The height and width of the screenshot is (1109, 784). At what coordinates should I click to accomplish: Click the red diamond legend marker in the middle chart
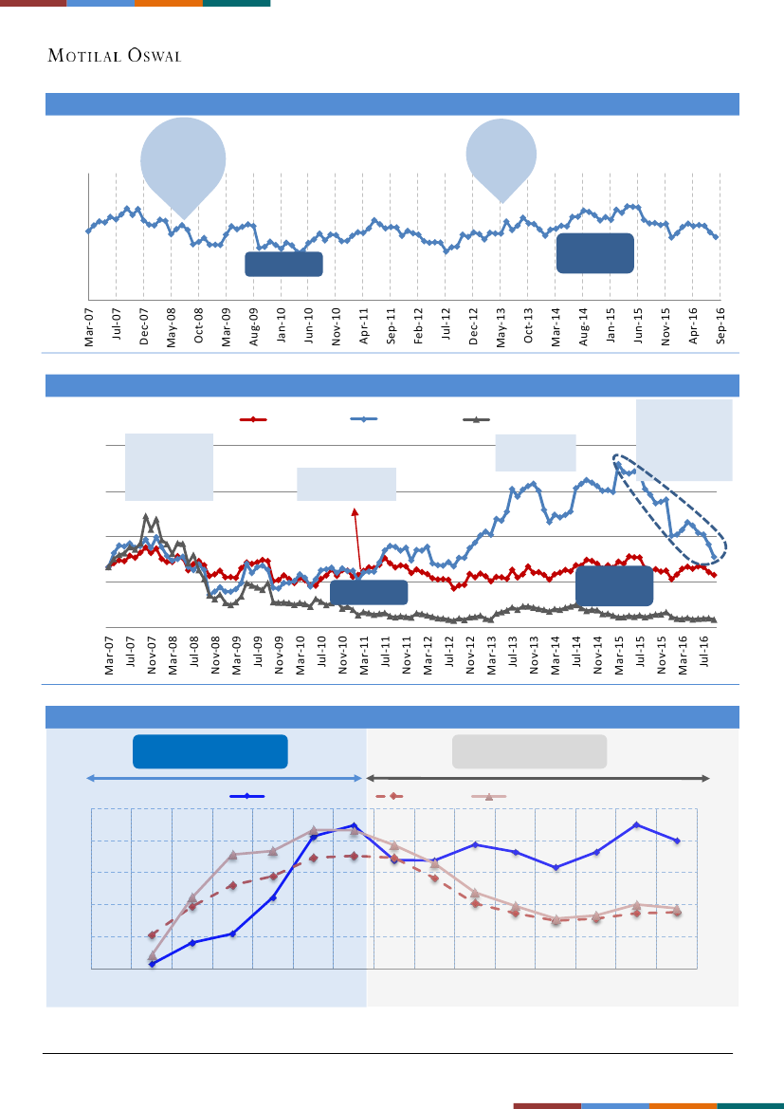252,418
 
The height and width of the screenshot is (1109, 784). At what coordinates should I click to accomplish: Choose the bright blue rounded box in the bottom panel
210,751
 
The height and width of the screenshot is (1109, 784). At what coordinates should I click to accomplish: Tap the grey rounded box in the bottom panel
530,751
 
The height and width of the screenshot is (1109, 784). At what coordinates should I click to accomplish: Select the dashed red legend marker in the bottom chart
392,797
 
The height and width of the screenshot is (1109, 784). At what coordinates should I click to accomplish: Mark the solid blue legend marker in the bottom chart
247,797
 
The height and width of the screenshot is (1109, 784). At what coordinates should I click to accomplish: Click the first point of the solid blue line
152,963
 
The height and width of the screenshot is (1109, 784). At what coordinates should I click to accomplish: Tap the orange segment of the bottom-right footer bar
683,1105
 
